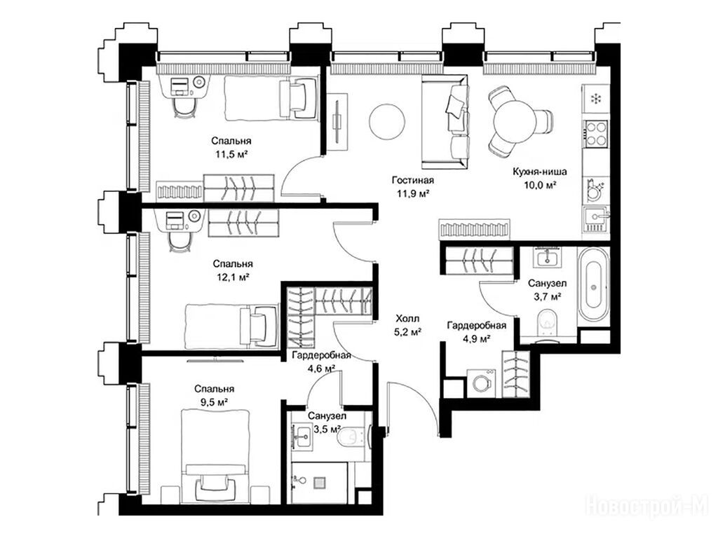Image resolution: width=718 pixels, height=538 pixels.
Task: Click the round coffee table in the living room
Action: click(x=387, y=122)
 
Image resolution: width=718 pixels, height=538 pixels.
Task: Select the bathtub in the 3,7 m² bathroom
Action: click(x=593, y=284)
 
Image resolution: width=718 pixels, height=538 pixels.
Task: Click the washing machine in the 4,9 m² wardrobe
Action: click(x=482, y=382)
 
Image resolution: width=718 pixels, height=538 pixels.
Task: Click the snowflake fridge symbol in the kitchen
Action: click(x=596, y=98)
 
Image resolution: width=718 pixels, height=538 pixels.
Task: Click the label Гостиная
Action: click(x=412, y=180)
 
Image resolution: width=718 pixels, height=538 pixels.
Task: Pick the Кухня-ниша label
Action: click(x=540, y=172)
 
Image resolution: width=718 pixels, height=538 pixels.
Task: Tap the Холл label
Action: click(x=407, y=319)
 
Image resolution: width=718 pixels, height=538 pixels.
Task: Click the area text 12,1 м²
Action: click(x=233, y=277)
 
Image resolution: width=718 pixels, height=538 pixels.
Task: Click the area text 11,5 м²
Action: click(x=231, y=154)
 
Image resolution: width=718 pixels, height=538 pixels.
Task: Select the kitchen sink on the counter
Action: click(x=596, y=220)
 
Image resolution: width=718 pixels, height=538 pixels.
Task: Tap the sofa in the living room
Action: click(x=445, y=122)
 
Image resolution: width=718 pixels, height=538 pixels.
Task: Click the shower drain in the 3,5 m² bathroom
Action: click(x=319, y=483)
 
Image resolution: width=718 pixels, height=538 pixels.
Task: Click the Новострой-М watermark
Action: click(x=647, y=505)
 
